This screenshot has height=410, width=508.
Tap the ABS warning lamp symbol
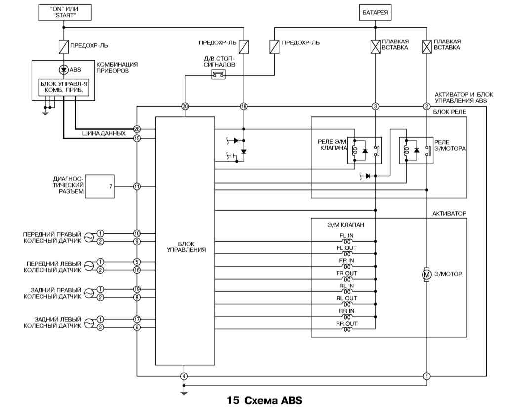pyautogui.click(x=64, y=70)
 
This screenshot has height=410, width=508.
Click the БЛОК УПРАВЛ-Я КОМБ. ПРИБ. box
pyautogui.click(x=64, y=87)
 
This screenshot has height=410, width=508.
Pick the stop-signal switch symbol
pyautogui.click(x=219, y=75)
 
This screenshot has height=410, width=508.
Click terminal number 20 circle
pyautogui.click(x=185, y=106)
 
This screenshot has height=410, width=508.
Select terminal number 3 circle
pyautogui.click(x=376, y=106)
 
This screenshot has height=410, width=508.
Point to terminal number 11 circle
pyautogui.click(x=137, y=186)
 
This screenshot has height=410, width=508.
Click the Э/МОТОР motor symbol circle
pyautogui.click(x=426, y=273)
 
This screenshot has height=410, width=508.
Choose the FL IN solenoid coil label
pyautogui.click(x=346, y=235)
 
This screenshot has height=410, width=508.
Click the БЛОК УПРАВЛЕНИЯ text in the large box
pyautogui.click(x=185, y=246)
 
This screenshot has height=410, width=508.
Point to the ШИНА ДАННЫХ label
pyautogui.click(x=104, y=134)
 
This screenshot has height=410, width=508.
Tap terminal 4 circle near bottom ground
pyautogui.click(x=184, y=376)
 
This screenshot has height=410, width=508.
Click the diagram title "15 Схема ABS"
pyautogui.click(x=264, y=399)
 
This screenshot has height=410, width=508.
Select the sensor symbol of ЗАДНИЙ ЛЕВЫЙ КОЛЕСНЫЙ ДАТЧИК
pyautogui.click(x=89, y=323)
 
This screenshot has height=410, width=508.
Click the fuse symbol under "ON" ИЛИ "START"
pyautogui.click(x=64, y=46)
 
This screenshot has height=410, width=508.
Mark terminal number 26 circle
pyautogui.click(x=137, y=129)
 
